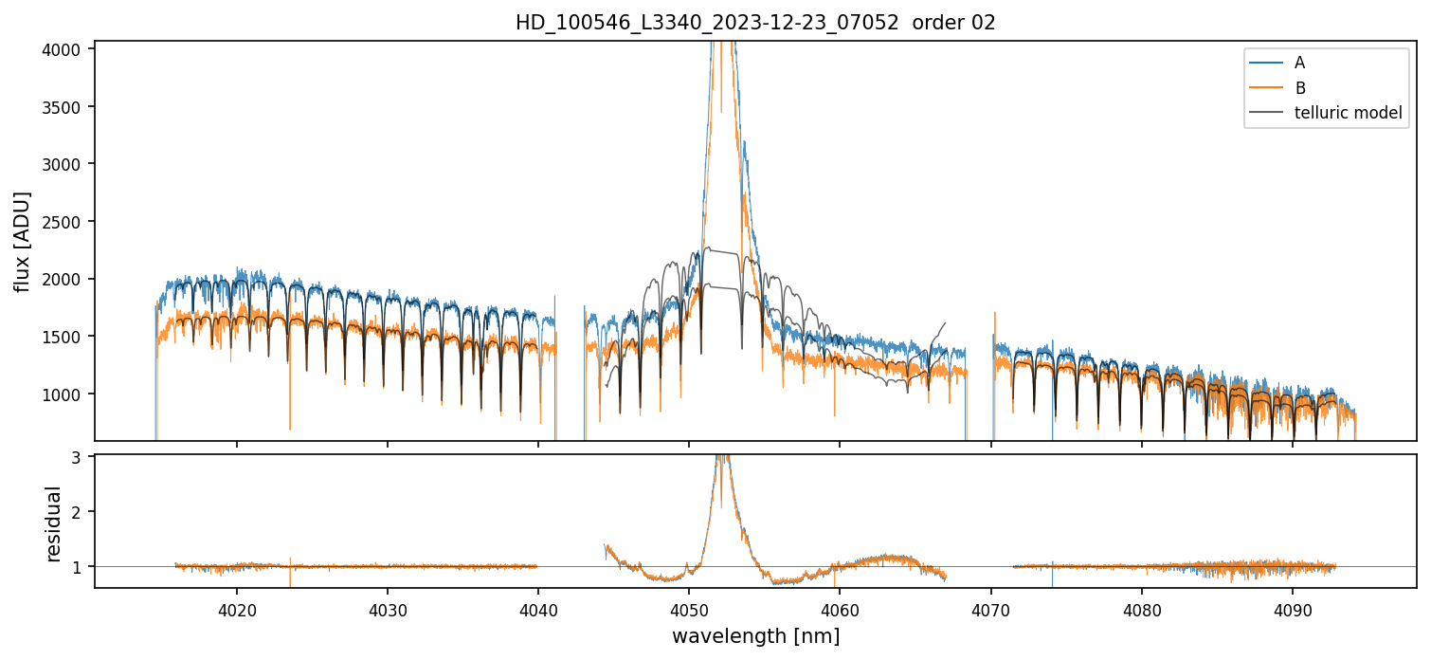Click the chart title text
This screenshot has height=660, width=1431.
(x=755, y=23)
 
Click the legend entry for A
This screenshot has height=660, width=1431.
(x=1299, y=63)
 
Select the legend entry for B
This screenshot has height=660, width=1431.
(x=1299, y=88)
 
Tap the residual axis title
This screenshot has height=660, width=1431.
(x=54, y=523)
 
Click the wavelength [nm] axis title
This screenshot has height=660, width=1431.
(x=755, y=636)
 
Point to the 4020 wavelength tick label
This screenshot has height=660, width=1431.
(x=237, y=610)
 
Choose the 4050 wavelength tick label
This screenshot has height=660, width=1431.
(x=689, y=610)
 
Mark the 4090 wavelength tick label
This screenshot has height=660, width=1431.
(x=1292, y=610)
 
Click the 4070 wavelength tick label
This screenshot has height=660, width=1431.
(x=990, y=610)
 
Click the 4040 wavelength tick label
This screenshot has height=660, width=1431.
(x=538, y=610)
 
